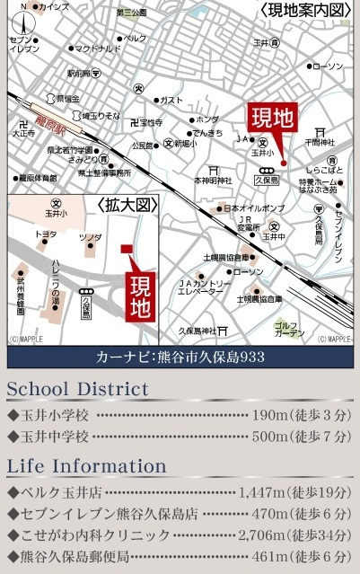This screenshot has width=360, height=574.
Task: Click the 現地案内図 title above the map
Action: point(304,10)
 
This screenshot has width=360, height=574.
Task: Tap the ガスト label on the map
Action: point(171,100)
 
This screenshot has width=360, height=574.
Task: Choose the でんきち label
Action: point(208,133)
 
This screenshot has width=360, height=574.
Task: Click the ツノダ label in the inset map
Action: point(90,237)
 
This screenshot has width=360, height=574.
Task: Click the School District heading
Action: point(77,389)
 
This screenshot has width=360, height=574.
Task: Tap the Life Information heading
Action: point(86,466)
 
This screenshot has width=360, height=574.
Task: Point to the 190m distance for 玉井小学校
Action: point(271,415)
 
